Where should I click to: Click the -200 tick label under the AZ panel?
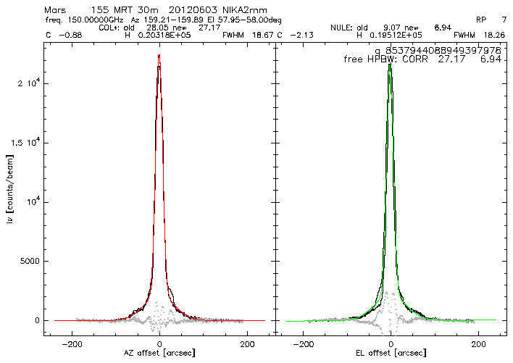tap(72, 342)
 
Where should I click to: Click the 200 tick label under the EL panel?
tap(478, 342)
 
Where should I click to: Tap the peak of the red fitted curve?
tap(159, 57)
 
